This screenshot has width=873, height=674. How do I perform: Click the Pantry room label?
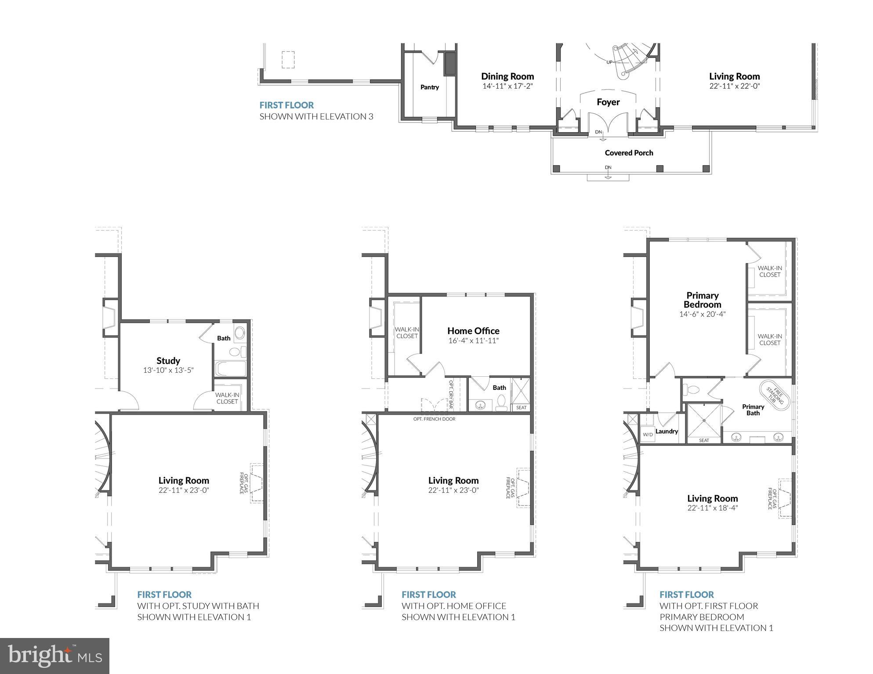pos(429,87)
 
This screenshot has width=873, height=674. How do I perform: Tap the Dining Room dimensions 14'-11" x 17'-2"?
pos(507,86)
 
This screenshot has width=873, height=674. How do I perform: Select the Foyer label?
pos(608,102)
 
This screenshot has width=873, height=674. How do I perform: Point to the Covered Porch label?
pos(629,153)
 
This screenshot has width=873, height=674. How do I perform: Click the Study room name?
pos(168,360)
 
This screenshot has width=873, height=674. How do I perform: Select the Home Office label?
pos(473,331)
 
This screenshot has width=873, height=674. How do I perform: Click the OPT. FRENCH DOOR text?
pos(434,419)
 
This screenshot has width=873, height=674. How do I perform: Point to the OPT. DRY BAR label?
pos(450,394)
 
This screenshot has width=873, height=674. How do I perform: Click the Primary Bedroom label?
pos(702,300)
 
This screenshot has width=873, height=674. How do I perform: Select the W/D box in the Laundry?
pos(648,434)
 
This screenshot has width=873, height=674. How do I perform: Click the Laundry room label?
pos(667,431)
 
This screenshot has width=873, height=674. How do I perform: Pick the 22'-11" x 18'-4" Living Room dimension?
pos(713,508)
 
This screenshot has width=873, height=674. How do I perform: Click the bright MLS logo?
pos(54,656)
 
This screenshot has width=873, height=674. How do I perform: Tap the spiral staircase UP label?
pos(609,62)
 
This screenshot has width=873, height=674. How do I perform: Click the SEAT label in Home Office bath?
pos(521,407)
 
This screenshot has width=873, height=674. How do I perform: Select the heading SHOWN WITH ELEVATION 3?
pos(316,116)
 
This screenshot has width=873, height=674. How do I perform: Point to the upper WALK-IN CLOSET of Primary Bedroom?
pos(770,271)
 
